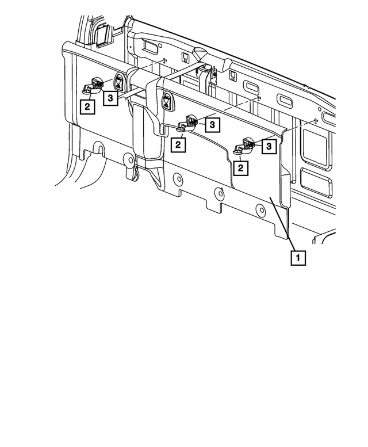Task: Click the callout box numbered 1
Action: click(298, 257)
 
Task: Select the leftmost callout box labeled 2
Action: click(87, 106)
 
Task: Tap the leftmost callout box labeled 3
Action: click(111, 99)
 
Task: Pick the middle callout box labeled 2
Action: click(179, 144)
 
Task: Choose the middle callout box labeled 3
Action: click(212, 124)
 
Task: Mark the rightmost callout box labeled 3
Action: click(268, 147)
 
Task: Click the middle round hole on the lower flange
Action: click(218, 193)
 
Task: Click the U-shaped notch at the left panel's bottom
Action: click(99, 151)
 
